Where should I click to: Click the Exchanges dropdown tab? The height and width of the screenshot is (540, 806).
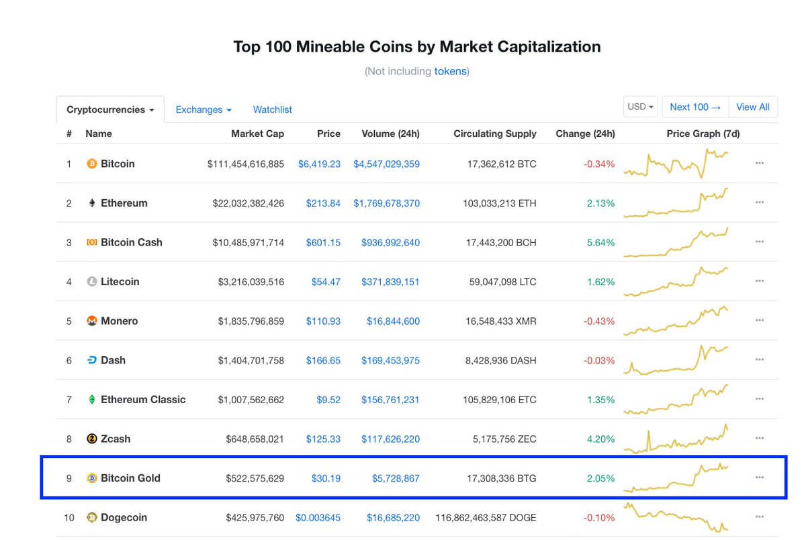tap(204, 109)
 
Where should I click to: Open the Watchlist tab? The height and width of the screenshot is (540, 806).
tap(272, 109)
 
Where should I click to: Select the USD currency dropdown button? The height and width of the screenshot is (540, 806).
tap(640, 107)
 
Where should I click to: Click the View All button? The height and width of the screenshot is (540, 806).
tap(752, 107)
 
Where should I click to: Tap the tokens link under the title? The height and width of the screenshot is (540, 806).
tap(450, 71)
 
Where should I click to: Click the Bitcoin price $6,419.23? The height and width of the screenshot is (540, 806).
tap(319, 164)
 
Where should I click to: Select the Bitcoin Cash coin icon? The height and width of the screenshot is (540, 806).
tap(92, 242)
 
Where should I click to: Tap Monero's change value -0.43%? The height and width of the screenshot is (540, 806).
tap(599, 321)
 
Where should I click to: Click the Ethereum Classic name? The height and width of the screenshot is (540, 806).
tap(143, 400)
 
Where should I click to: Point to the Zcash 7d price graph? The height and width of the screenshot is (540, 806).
tap(676, 439)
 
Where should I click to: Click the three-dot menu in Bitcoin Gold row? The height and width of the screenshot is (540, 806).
tap(760, 478)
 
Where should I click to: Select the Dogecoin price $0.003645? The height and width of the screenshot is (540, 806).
tap(318, 518)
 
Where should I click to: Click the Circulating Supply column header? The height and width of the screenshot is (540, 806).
tap(495, 133)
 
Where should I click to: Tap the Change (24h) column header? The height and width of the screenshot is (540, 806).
tap(585, 133)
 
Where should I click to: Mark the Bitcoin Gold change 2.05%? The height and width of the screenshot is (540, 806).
tap(600, 478)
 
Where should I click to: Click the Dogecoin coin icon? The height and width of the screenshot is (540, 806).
tap(92, 517)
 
